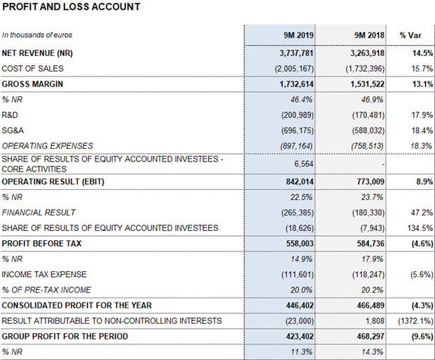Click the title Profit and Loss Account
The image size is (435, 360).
[71, 6]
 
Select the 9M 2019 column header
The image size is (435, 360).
[298, 35]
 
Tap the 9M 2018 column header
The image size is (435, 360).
[369, 35]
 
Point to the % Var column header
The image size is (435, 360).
[410, 35]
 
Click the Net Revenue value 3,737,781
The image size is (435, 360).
[297, 53]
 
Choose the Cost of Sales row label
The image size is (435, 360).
[33, 69]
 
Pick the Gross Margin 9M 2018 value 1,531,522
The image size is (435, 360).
[367, 84]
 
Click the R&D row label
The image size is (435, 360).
[10, 115]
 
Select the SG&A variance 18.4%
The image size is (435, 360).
[422, 130]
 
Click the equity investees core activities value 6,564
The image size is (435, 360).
[304, 164]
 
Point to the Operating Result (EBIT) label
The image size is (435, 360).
[53, 181]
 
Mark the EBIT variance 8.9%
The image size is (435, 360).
[424, 181]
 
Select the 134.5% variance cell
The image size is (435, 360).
[420, 228]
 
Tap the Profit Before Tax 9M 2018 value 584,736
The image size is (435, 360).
[371, 243]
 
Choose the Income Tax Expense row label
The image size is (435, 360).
[44, 274]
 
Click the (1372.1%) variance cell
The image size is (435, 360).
[416, 321]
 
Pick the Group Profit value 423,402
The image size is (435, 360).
[300, 337]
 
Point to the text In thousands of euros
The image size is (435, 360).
[37, 35]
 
